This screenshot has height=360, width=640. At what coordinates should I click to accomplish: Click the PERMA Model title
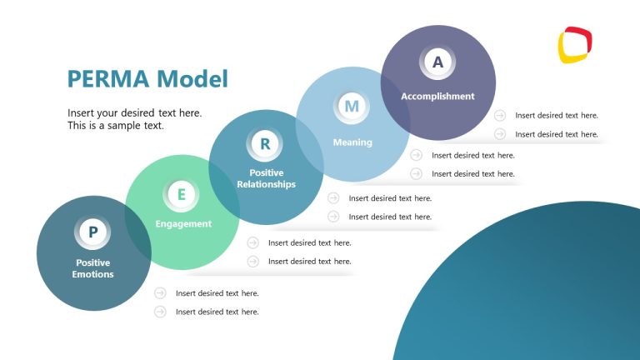(147, 79)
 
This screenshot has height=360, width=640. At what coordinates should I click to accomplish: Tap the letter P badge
(93, 233)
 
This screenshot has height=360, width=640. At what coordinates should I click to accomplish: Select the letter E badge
(182, 195)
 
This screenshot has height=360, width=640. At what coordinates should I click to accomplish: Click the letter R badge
(265, 144)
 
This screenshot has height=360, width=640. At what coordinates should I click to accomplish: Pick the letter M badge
(352, 107)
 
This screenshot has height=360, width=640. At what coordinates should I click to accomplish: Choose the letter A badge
(437, 61)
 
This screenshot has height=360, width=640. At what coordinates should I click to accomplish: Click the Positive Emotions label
(93, 268)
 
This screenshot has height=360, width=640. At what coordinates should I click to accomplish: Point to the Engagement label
(183, 224)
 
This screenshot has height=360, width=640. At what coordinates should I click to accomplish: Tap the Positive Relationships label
(266, 178)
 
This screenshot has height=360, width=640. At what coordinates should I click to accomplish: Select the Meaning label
(352, 142)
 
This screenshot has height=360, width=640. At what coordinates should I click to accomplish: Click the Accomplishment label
(437, 96)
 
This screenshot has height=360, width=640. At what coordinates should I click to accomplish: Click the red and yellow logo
(575, 45)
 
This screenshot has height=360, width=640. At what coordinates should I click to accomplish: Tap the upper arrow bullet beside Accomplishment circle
(500, 116)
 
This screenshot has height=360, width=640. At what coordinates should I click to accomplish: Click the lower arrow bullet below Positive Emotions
(160, 312)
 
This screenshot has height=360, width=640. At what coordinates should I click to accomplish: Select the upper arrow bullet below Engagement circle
(252, 243)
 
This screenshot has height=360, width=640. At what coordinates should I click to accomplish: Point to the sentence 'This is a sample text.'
(116, 126)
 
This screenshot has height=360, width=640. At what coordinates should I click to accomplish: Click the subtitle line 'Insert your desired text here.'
(134, 112)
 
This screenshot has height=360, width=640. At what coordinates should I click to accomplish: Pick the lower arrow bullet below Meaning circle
(416, 173)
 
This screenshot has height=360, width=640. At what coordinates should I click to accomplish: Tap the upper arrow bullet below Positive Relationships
(333, 198)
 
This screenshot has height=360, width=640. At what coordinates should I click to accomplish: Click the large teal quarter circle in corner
(550, 292)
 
